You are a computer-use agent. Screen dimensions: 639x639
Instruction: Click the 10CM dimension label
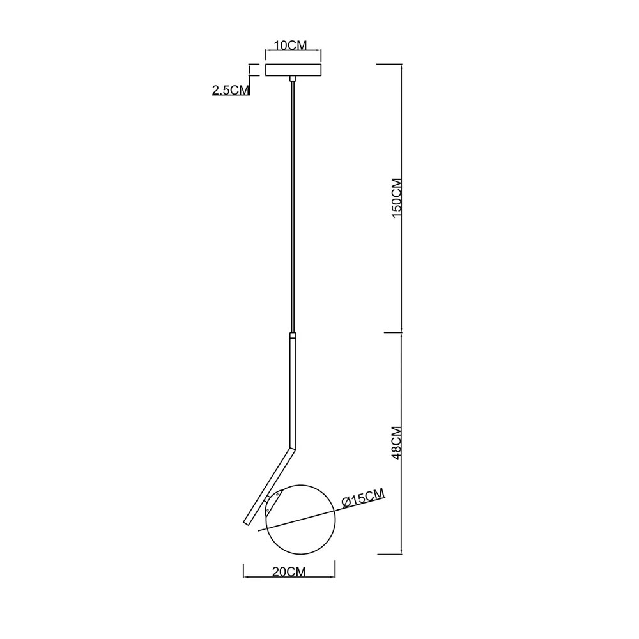click(x=289, y=45)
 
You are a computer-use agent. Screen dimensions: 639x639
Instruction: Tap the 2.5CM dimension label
click(x=231, y=89)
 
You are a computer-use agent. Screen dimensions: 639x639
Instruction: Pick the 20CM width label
click(x=289, y=571)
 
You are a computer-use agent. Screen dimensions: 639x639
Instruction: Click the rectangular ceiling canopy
click(x=293, y=70)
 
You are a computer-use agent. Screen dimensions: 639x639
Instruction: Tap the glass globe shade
click(x=300, y=519)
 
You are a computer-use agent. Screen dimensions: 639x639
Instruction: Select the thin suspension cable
click(x=292, y=206)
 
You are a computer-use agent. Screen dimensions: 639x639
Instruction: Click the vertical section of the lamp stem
click(x=293, y=391)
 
